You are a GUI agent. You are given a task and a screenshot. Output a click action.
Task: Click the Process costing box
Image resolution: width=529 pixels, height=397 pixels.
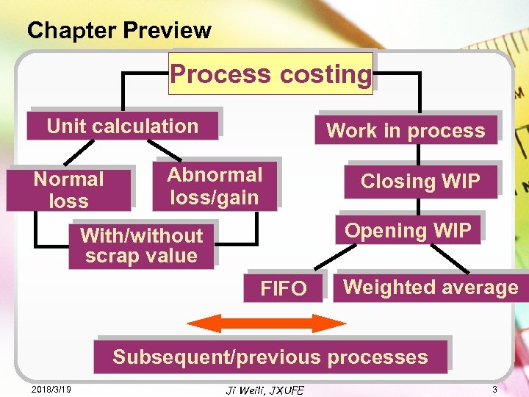271,74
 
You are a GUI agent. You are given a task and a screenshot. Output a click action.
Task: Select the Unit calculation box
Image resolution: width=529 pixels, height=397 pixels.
123,126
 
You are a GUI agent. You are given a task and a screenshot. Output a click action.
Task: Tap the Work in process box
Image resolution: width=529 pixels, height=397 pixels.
406,131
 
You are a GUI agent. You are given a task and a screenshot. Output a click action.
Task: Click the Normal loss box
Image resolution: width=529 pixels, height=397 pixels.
69,189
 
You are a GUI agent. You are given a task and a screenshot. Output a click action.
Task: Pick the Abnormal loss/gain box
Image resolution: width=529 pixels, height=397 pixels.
215,185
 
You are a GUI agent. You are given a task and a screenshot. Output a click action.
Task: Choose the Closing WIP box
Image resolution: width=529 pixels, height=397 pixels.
420,181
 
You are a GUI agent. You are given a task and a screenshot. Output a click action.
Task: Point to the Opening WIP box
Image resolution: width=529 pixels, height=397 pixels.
408,230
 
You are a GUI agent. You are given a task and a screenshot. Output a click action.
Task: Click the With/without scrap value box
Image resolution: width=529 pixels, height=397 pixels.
141,246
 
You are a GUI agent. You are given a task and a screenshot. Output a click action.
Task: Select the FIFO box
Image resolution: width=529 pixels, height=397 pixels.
284,288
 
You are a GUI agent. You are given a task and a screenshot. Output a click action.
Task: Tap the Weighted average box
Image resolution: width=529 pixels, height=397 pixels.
431,287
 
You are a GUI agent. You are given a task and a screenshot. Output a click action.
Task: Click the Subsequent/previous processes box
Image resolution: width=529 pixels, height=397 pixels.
270,357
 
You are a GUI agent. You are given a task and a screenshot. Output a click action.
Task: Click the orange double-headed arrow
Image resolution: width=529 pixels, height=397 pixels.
267,323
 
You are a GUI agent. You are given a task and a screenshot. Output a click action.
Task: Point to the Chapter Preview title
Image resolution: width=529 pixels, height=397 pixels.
119,30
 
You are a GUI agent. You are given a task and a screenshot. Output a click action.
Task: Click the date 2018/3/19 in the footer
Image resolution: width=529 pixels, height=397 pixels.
51,388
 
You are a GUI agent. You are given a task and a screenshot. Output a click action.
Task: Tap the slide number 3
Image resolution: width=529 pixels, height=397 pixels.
495,388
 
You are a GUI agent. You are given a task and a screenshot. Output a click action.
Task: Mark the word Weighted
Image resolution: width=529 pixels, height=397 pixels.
387,287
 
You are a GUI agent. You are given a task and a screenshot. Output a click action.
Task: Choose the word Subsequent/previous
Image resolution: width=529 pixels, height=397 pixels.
217,357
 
